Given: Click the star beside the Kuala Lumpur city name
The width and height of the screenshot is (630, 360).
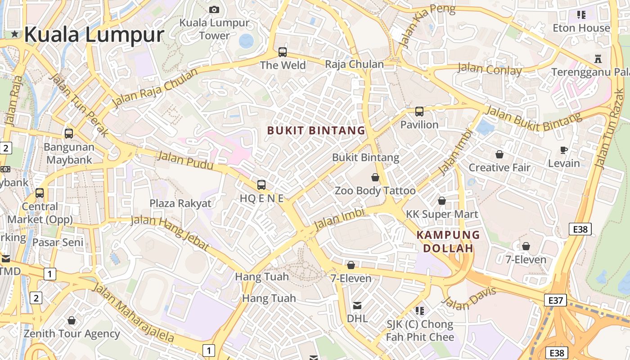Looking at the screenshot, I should [15, 34].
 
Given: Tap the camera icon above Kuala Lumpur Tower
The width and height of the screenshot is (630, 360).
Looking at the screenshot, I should [214, 9].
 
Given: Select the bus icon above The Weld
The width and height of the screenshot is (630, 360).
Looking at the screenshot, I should [282, 52].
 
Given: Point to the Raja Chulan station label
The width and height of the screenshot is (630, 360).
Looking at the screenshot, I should [354, 64].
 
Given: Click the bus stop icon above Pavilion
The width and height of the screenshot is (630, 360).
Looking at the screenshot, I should [419, 111].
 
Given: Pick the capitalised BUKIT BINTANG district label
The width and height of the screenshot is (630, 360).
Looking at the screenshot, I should [316, 131].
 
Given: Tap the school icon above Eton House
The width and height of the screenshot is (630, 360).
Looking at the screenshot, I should [581, 15].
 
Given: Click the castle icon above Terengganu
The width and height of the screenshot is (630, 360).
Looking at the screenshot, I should [598, 58].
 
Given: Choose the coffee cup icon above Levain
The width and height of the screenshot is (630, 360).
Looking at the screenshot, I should [564, 150].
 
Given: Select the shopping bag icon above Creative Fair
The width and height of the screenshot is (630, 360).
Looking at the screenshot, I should [499, 154].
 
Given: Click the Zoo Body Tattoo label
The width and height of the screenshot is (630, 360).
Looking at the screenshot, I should [375, 191].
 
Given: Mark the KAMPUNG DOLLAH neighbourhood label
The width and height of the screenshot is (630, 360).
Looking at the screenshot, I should [448, 242].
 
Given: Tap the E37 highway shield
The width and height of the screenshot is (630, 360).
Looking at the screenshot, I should [555, 300].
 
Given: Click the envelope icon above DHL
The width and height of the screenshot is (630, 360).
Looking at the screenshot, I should [357, 306].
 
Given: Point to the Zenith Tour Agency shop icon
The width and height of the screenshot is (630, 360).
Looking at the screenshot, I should [72, 320].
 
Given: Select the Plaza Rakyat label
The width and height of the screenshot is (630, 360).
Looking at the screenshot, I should [180, 203].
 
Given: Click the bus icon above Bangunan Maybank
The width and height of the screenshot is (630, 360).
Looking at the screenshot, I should [68, 133].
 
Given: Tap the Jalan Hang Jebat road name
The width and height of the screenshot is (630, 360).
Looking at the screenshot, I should [170, 233].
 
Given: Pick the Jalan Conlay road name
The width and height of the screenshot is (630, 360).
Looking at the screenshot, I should [490, 70].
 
